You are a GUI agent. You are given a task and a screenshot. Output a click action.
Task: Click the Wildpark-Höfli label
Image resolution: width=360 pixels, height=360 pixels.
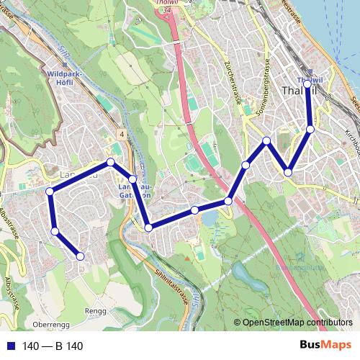pyautogui.click(x=66, y=78)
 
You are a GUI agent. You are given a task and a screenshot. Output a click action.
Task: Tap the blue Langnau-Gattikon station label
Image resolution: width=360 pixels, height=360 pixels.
pyautogui.click(x=134, y=191)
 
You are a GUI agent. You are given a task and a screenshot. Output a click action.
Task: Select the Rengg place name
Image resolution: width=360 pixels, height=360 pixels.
pyautogui.click(x=95, y=311)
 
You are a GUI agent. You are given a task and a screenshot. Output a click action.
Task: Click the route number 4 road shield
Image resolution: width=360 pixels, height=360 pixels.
pyautogui.click(x=123, y=135)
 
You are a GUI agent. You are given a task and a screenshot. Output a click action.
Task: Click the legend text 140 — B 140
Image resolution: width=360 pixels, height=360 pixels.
pyautogui.click(x=53, y=346)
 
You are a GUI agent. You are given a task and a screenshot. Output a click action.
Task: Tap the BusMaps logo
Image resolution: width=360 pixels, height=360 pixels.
pyautogui.click(x=325, y=346)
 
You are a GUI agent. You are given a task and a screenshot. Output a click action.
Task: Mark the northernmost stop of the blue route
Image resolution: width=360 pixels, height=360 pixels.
pyautogui.click(x=307, y=84)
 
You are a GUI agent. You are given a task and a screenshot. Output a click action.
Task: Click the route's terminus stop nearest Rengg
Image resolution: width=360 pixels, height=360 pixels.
pyautogui.click(x=80, y=256)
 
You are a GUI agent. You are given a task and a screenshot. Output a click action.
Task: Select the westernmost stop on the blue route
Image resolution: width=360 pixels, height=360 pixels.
pyautogui.click(x=50, y=191)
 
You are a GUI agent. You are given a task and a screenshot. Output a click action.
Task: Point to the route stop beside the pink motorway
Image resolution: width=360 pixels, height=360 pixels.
pyautogui.click(x=228, y=201)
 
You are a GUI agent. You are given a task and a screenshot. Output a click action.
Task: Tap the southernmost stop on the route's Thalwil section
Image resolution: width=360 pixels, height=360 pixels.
pyautogui.click(x=288, y=172)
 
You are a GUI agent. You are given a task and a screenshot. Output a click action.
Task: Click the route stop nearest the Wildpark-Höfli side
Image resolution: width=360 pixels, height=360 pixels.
pyautogui.click(x=110, y=162)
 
